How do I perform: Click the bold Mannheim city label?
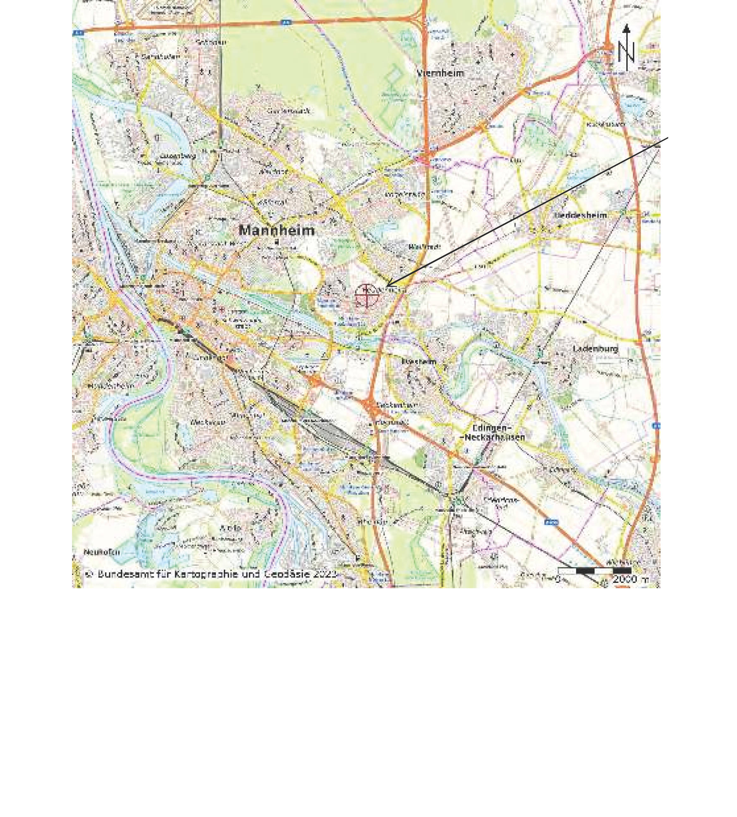point(277,231)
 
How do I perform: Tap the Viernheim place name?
point(441,73)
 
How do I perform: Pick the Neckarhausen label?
point(494,437)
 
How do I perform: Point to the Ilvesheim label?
point(419,361)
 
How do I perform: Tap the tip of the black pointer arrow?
point(387,286)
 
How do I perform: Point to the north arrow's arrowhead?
point(626,28)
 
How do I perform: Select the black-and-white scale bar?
point(594,571)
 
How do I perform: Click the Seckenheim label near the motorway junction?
point(392,405)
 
